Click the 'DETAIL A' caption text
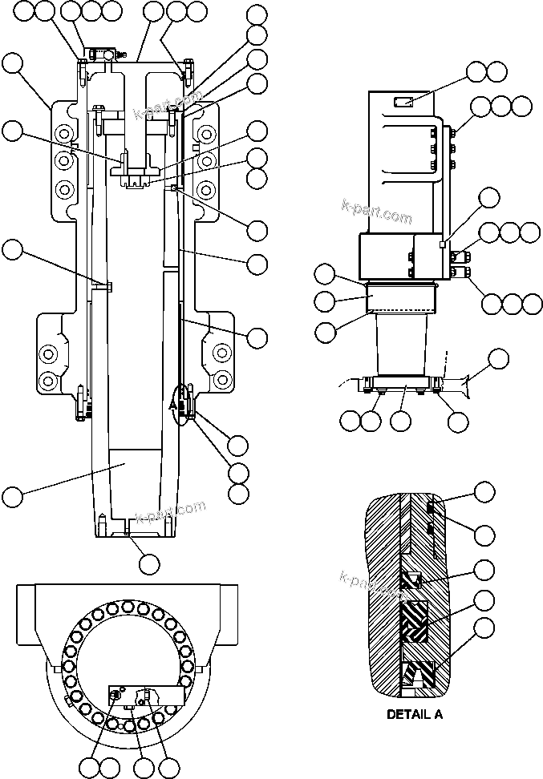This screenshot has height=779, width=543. tap(415, 714)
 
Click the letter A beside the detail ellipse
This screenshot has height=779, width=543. tap(173, 406)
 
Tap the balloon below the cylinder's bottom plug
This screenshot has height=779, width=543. tap(148, 563)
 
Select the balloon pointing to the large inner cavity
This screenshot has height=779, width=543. tap(12, 496)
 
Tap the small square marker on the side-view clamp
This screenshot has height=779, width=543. tap(441, 244)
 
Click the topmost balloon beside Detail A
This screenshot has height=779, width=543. tap(484, 491)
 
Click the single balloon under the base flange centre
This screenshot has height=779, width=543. tap(399, 419)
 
